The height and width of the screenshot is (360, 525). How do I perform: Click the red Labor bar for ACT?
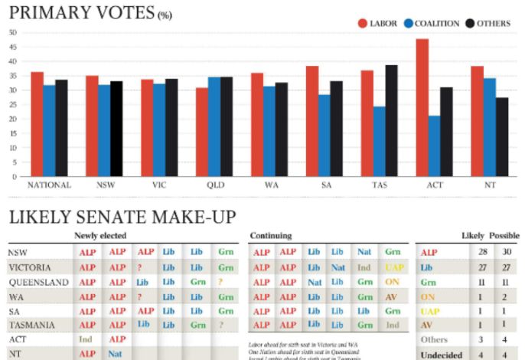point(422,107)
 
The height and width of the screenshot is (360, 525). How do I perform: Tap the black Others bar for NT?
point(502,136)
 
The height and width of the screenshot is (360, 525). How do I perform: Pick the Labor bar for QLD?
point(202,132)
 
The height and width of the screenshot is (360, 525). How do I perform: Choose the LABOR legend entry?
point(378,23)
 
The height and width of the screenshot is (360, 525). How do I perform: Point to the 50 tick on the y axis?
point(11,33)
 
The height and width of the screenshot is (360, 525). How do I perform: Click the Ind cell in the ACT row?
point(86,339)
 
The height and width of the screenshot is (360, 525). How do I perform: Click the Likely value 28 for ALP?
point(480,252)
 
